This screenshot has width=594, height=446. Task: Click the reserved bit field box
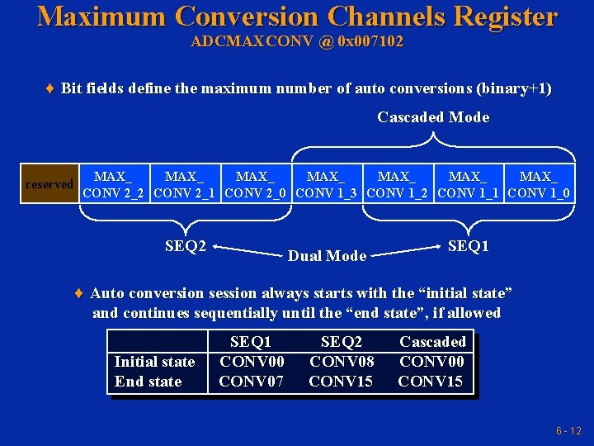pos(49,184)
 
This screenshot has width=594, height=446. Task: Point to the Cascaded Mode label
pos(433,117)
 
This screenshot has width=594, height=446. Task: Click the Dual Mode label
pos(327,256)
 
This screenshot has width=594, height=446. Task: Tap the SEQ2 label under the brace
pos(186,245)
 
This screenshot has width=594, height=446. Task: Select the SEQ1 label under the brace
pos(468,245)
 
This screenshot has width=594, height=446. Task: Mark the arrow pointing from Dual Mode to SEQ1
pos(404,249)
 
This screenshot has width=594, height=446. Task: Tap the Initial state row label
pos(154,362)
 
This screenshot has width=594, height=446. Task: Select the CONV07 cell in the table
pos(252,382)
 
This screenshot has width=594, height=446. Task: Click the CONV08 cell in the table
pos(341,362)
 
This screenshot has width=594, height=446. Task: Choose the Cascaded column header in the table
pos(432,342)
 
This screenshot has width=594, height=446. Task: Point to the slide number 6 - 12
pos(568,430)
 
